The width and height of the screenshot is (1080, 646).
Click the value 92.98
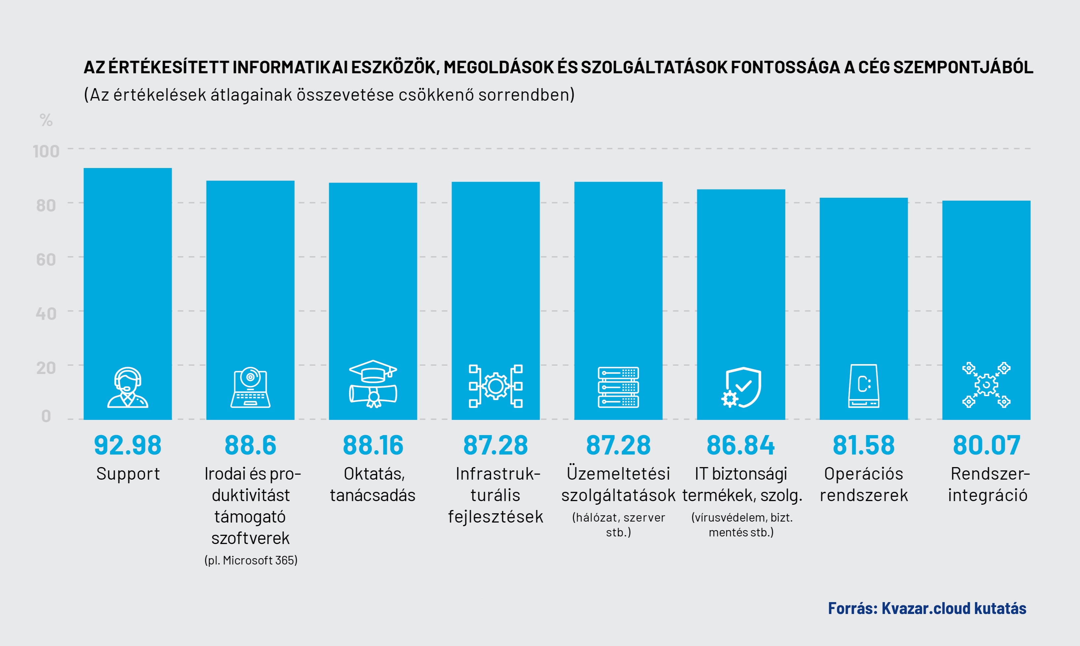coord(127,445)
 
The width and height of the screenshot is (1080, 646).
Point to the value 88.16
coord(373,445)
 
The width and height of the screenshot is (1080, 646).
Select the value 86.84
coord(741,445)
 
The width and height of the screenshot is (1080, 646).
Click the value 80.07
coord(987,445)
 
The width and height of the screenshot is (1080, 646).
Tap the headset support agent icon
coord(127,388)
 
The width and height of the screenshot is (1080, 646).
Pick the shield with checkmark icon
coord(741,388)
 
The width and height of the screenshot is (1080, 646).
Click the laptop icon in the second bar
coord(250,388)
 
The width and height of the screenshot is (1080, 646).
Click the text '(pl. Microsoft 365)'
coord(251,560)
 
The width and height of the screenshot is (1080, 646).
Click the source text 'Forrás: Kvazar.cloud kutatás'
coord(927,608)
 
